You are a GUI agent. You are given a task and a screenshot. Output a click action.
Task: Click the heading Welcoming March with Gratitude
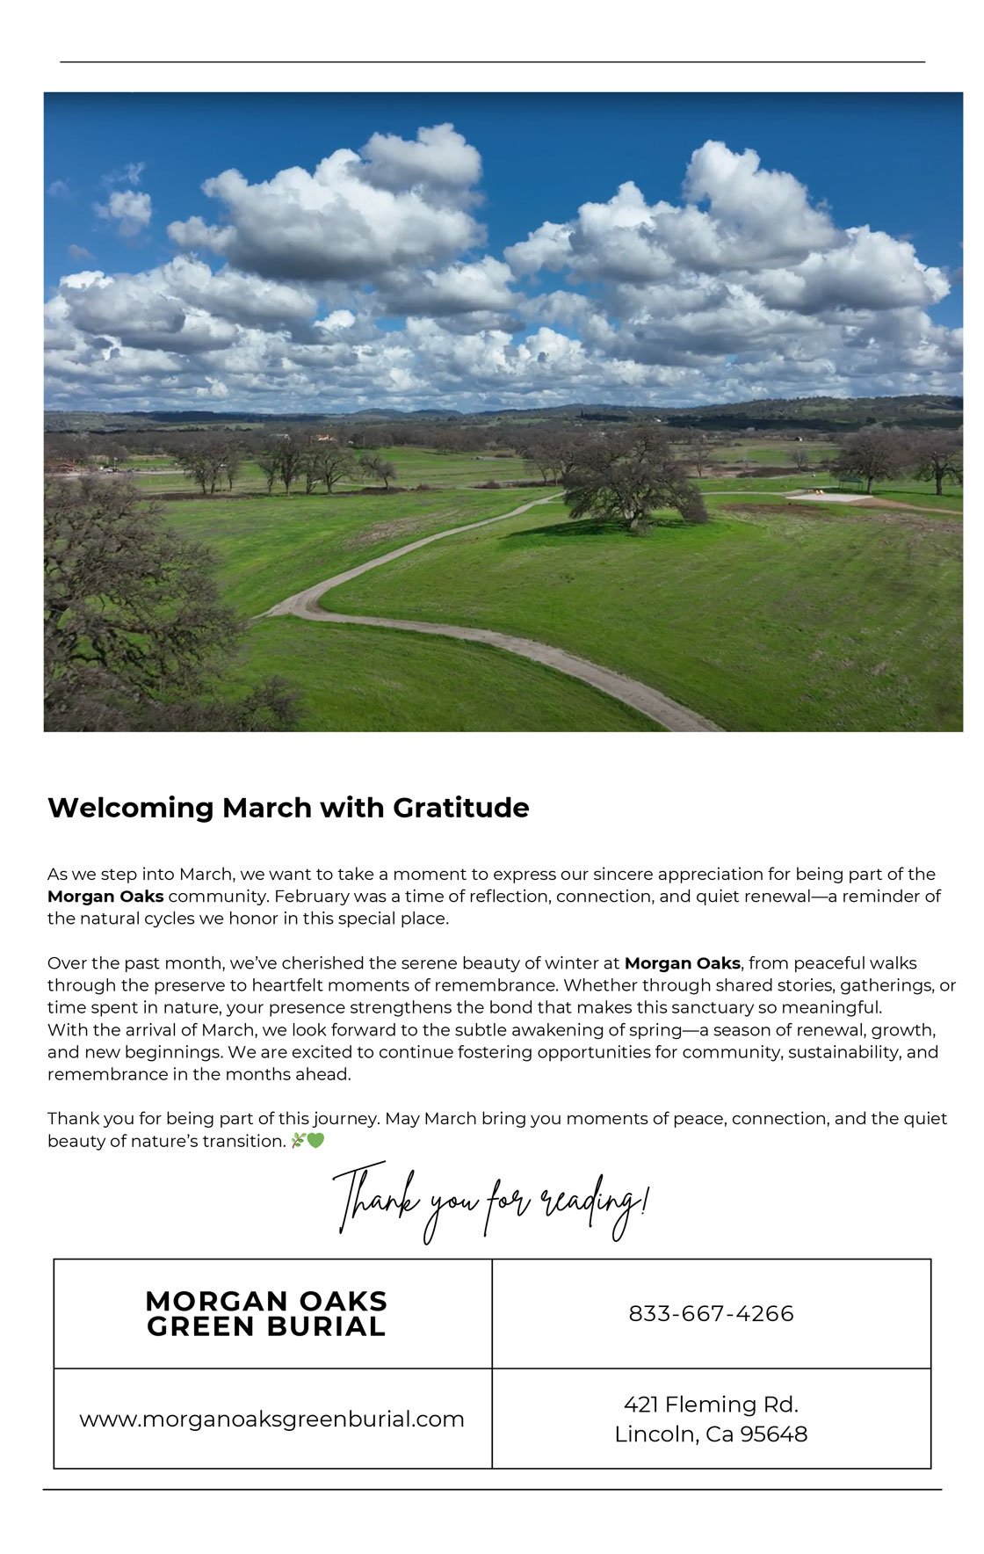(x=288, y=808)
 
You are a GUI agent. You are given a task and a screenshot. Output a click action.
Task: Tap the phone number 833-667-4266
(x=711, y=1313)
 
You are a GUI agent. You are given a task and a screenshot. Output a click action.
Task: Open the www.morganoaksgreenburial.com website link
(x=271, y=1419)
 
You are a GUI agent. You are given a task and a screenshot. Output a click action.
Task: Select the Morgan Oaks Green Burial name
(x=266, y=1313)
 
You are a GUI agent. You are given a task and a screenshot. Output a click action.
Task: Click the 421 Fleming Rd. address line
(x=711, y=1404)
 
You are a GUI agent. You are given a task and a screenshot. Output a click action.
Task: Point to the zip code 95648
(x=774, y=1434)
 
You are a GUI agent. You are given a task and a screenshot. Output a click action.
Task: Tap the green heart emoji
(x=315, y=1141)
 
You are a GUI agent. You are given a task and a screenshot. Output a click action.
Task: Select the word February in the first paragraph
(x=307, y=897)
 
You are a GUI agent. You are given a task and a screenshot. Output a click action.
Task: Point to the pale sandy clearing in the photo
(x=828, y=497)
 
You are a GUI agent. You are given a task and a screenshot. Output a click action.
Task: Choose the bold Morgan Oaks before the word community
(x=105, y=897)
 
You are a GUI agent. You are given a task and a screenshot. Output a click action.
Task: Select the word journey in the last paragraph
(x=345, y=1119)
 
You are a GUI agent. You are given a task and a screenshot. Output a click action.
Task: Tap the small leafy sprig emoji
(x=298, y=1141)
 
